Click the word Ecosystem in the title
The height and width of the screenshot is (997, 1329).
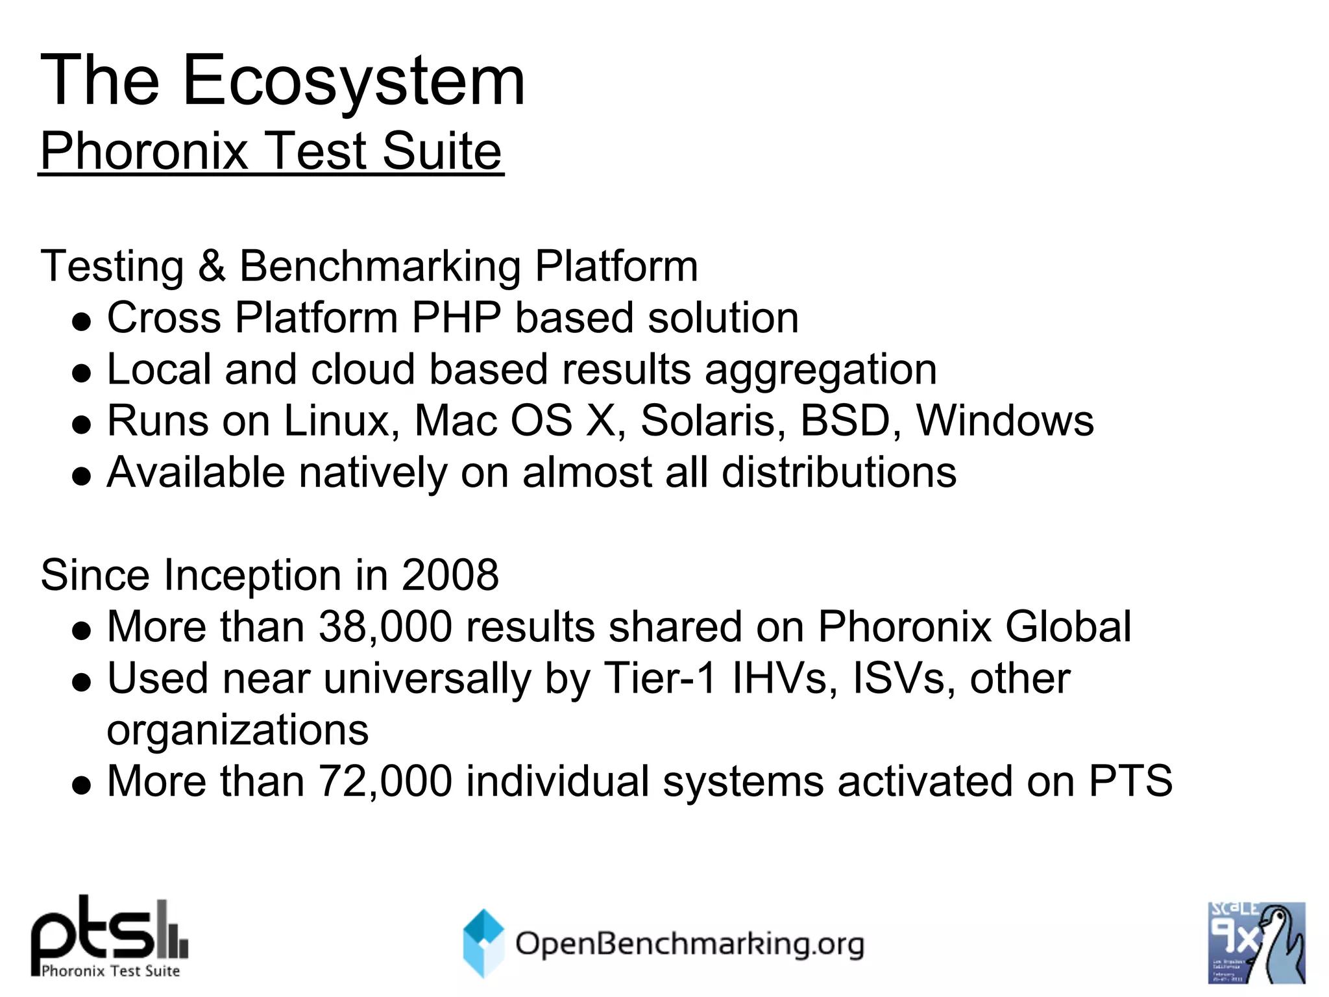[354, 81]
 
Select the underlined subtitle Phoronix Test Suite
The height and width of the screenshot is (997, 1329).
[271, 151]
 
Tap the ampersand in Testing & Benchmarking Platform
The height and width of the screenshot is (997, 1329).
[212, 266]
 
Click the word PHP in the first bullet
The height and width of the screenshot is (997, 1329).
[456, 318]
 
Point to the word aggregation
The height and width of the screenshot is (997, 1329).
[820, 370]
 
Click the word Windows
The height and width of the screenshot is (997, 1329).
[1005, 421]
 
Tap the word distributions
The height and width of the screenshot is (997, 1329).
[838, 472]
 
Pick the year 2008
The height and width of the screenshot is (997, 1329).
[450, 575]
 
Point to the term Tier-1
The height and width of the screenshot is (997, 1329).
[660, 678]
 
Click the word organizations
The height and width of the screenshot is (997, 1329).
[238, 730]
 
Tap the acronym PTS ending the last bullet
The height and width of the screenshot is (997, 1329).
[1130, 781]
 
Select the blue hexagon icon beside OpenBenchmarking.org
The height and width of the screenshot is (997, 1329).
[483, 942]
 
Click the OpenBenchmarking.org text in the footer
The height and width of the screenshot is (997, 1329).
[689, 944]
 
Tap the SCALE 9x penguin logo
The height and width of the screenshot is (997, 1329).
[1256, 942]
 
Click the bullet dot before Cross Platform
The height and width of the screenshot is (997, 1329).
[82, 321]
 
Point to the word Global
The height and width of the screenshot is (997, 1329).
[1068, 627]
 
